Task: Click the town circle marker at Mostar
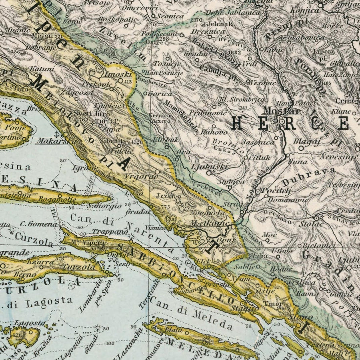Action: [282, 120]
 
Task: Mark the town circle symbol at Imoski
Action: [121, 80]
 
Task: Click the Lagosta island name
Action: [30, 323]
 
